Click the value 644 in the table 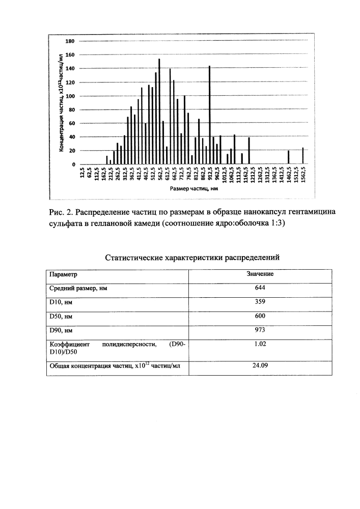click(x=260, y=288)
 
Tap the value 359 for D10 click(x=260, y=302)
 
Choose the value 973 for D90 click(x=260, y=330)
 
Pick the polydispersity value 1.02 click(x=260, y=344)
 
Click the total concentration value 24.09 click(x=260, y=364)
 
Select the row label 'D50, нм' click(x=61, y=316)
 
